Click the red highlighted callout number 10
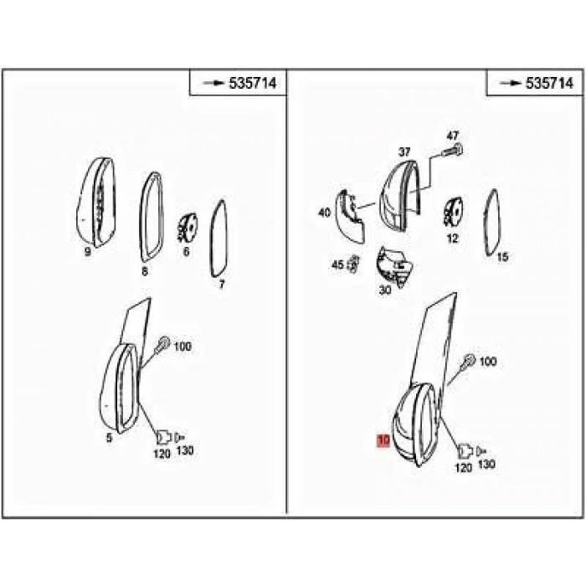pos(383,440)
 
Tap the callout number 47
pos(452,136)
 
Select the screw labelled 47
pos(452,151)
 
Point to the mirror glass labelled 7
pos(218,239)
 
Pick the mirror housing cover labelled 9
pos(96,203)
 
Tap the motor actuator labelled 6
pos(188,227)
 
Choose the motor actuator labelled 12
pos(454,212)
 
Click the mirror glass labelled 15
pos(492,223)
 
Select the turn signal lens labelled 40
pos(349,217)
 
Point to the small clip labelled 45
pos(353,265)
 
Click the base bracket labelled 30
pos(393,266)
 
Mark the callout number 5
pos(109,438)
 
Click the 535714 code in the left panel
pos(253,83)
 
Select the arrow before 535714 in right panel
pos(511,83)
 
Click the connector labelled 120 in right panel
pos(465,451)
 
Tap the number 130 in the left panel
pos(185,450)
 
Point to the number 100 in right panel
pos(488,362)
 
